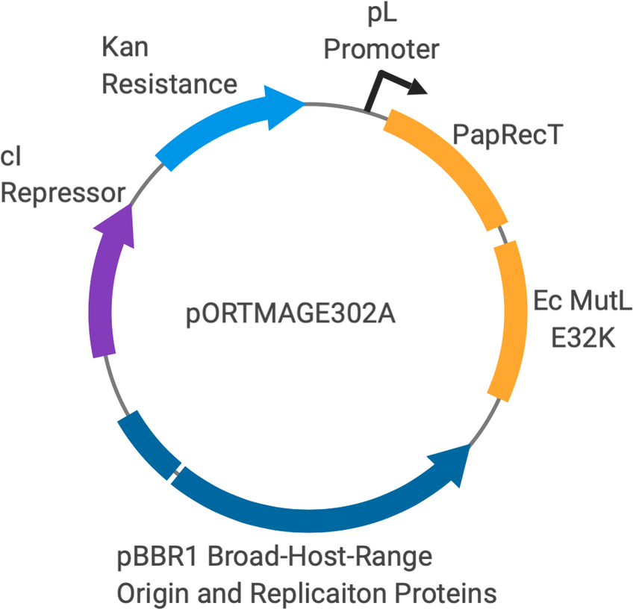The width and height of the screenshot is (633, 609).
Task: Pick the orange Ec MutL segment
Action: [511, 321]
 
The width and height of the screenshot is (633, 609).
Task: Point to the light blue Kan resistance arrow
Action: [224, 123]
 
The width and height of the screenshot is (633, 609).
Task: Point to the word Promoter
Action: [381, 50]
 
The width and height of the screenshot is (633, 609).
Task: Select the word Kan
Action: [125, 48]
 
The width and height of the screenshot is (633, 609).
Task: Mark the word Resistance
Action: [169, 83]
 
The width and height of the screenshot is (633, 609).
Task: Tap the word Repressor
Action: [63, 193]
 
